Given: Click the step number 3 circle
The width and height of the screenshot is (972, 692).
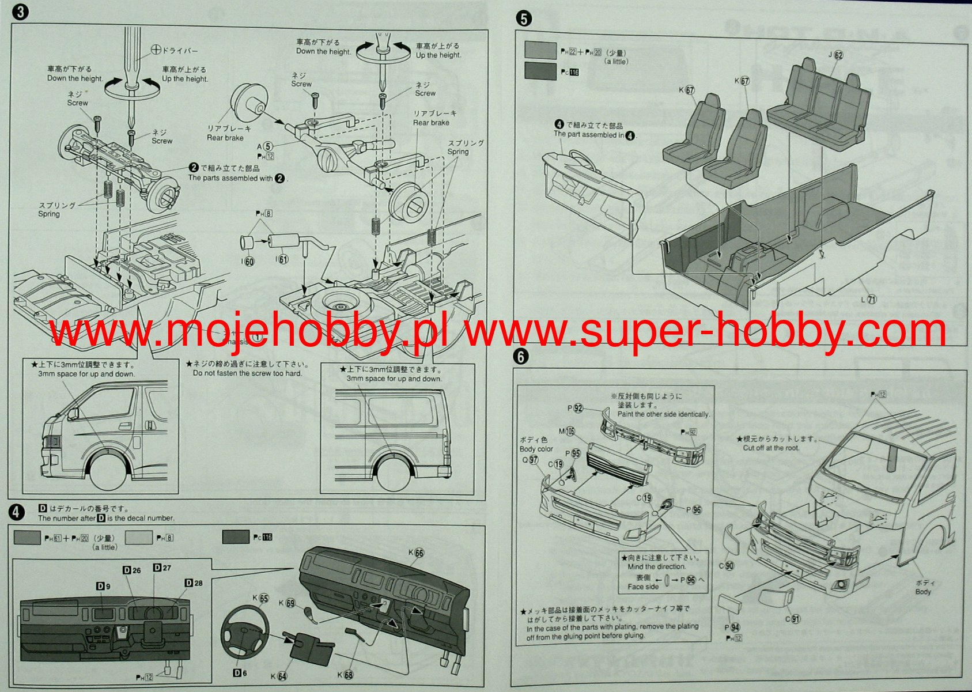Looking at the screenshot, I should point(20,13).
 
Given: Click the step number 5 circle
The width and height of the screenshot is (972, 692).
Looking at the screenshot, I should point(523,18).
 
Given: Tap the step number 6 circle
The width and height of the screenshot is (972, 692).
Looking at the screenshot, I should point(521,357).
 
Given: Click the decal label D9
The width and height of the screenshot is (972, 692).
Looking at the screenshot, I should point(103,586).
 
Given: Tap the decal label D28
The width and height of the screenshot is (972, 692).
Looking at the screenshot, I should point(194,583).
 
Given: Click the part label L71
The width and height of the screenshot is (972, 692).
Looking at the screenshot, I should point(868,300).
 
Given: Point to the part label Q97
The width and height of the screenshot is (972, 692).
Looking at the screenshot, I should point(530,459).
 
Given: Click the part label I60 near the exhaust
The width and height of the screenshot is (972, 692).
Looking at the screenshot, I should point(247,262).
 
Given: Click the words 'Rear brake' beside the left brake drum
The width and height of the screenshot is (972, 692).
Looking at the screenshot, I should point(225,138).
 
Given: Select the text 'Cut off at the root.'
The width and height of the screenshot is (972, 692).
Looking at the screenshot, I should point(771,448).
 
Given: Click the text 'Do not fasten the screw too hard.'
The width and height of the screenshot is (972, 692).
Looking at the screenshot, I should point(247,373).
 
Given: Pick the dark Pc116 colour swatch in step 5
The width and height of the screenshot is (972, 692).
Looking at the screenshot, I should point(540,71).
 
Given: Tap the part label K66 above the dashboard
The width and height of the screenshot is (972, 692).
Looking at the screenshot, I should point(416,553).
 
